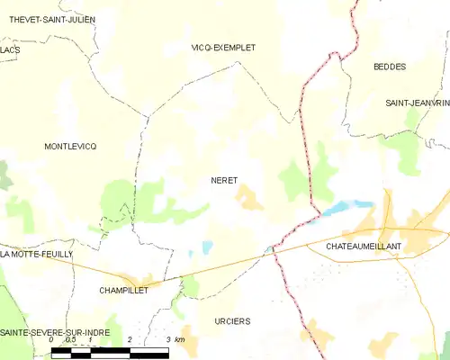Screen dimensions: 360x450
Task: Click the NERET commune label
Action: [224, 181]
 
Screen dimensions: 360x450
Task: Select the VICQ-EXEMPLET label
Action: [224, 47]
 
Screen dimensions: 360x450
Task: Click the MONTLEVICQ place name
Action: [69, 146]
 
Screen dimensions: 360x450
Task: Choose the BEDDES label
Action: [390, 67]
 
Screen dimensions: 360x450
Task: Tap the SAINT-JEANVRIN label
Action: [417, 103]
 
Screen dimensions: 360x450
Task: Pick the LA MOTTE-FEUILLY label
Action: [37, 255]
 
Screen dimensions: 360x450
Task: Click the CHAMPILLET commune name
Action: [123, 291]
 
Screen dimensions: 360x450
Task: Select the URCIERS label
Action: [233, 321]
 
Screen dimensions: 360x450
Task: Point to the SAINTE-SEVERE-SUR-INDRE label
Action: [53, 332]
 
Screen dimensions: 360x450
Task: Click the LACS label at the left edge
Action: [10, 50]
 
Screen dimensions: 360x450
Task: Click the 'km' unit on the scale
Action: [181, 340]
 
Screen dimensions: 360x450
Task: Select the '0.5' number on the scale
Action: [70, 340]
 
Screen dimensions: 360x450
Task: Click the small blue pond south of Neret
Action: [208, 246]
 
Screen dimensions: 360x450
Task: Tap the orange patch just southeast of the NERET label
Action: [249, 199]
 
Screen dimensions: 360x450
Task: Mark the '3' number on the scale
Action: [169, 340]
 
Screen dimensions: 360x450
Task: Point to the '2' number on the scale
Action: [130, 340]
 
